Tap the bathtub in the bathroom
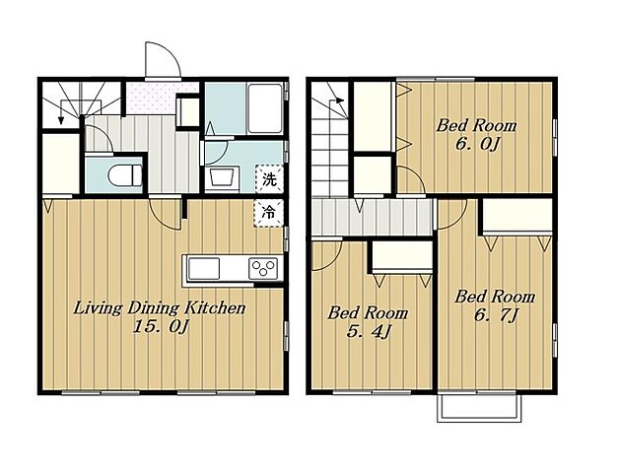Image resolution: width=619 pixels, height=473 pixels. pyautogui.click(x=265, y=107)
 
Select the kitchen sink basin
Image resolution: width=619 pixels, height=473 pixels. pyautogui.click(x=204, y=268)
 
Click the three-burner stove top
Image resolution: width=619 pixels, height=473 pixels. pyautogui.click(x=263, y=268)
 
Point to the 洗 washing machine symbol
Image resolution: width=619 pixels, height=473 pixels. pyautogui.click(x=270, y=179)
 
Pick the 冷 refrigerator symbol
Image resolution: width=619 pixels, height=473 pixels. pyautogui.click(x=269, y=213)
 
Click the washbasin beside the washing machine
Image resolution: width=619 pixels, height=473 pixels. pyautogui.click(x=221, y=176)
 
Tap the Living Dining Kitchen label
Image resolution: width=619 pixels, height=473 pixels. pyautogui.click(x=160, y=308)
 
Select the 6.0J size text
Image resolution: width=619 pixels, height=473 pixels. pyautogui.click(x=477, y=144)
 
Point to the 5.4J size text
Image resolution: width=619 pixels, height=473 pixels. pyautogui.click(x=368, y=331)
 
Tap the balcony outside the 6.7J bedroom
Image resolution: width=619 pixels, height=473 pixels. pyautogui.click(x=479, y=407)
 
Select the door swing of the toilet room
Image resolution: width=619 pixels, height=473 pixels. pyautogui.click(x=100, y=138)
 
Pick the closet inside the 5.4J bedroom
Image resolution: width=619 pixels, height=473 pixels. pyautogui.click(x=402, y=256)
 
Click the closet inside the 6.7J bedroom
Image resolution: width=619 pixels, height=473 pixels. pyautogui.click(x=517, y=217)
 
